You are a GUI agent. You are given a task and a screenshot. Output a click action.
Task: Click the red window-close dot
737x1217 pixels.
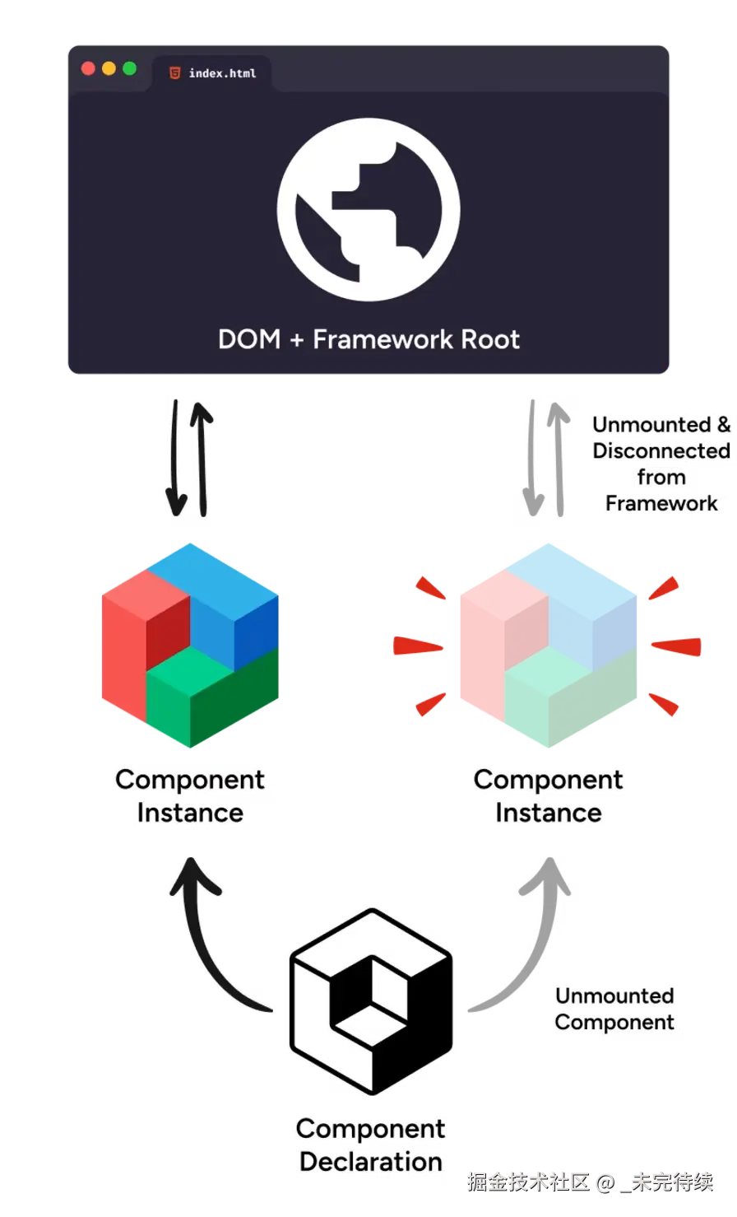(88, 68)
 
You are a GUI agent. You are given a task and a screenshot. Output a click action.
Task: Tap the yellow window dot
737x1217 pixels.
(109, 68)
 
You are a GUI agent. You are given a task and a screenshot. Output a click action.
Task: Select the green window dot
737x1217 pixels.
(130, 68)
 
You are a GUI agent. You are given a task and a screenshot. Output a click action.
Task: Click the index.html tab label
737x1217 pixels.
(223, 73)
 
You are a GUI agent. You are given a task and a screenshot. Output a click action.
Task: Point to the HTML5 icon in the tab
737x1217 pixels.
(174, 72)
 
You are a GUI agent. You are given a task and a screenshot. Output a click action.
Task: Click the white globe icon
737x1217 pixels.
(368, 209)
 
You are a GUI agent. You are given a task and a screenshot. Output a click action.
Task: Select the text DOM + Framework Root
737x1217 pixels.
(369, 339)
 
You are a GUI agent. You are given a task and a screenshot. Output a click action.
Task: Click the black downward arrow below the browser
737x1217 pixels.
(174, 458)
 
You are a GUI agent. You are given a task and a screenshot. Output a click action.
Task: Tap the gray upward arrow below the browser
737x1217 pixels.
(559, 458)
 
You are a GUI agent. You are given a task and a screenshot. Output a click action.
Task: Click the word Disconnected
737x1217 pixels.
(661, 451)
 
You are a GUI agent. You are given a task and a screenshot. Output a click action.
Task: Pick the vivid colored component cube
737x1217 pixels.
(190, 646)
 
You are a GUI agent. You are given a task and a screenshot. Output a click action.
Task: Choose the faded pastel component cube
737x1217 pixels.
(548, 646)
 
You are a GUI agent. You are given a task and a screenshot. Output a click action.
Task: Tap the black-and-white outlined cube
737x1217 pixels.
(371, 1001)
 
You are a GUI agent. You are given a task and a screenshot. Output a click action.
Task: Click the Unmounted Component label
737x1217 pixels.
(614, 1009)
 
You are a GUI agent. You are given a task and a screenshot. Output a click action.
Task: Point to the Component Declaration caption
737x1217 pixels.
(371, 1145)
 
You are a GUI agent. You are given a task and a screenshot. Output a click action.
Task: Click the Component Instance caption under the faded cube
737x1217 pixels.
(548, 796)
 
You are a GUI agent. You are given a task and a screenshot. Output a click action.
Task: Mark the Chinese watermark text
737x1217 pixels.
(590, 1182)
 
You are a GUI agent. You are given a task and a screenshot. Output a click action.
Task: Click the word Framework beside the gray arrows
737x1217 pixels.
(661, 504)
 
